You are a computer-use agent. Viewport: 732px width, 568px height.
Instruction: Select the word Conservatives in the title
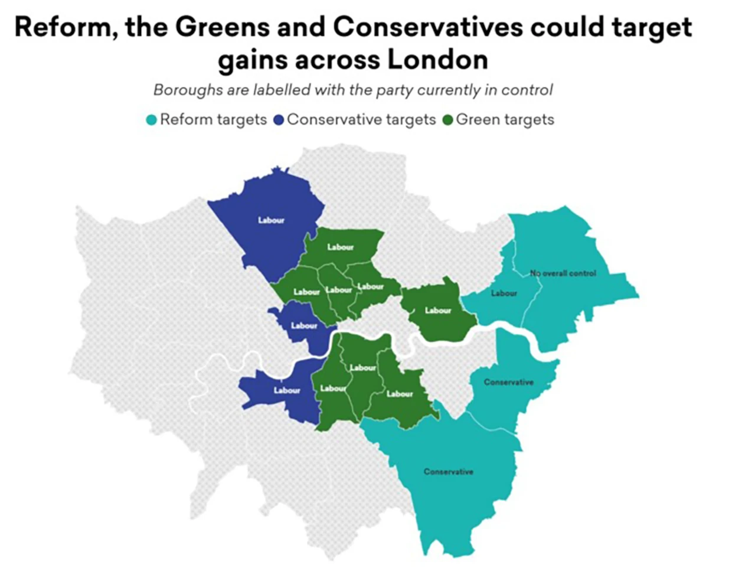pos(427,28)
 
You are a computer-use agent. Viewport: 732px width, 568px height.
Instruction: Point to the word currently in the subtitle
pos(455,90)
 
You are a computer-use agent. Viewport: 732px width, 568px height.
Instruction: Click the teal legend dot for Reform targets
pos(152,120)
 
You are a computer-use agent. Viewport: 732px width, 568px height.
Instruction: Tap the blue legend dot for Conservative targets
pos(279,120)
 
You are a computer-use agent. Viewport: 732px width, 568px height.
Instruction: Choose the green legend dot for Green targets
pos(447,120)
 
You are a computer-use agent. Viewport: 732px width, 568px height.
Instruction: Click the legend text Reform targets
pos(213,120)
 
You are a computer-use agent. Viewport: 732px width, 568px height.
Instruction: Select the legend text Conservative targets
pos(361,120)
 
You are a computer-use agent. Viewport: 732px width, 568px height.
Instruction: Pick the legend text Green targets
pos(505,120)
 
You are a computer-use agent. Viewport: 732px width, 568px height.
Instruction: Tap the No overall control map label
pos(563,273)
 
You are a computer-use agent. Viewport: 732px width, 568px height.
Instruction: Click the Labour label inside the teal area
pos(504,293)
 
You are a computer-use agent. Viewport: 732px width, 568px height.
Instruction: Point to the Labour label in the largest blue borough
pos(271,220)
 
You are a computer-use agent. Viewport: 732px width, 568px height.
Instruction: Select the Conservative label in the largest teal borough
pos(448,472)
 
